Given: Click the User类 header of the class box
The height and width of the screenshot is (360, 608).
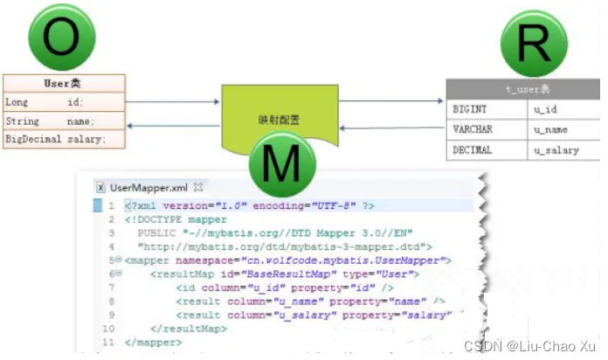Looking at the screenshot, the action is pos(62,84).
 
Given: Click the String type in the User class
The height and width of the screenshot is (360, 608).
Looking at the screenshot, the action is pos(23,121).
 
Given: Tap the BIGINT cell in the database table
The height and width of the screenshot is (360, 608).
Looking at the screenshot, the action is pos(471,110).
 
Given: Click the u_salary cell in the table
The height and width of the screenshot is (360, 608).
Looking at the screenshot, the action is pos(556,149).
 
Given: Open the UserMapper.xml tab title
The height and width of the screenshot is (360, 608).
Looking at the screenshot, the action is pos(149,187).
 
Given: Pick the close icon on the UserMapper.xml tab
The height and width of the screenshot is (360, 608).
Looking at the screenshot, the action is pos(198,187).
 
